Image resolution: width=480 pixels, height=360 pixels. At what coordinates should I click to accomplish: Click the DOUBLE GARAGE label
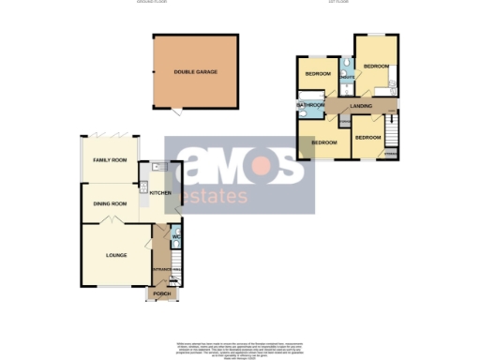195,72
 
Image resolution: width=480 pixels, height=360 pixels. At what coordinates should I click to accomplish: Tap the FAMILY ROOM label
109,161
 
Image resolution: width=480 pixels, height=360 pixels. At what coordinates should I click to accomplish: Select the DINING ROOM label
109,202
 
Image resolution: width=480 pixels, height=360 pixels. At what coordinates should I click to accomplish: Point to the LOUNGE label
115,254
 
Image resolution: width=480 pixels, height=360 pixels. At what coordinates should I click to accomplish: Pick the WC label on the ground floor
175,236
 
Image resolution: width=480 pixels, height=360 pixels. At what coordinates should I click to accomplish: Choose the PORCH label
160,294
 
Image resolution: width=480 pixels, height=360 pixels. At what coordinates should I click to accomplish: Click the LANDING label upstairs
360,106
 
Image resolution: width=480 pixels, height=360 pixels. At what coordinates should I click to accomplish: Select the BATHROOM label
310,105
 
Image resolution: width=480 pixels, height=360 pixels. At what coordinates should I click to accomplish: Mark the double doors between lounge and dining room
111,221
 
